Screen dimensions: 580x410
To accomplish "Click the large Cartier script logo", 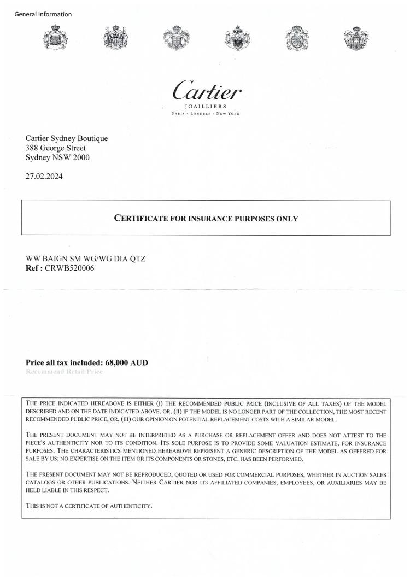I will click(x=207, y=88).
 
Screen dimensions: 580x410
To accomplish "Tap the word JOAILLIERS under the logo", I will click(x=207, y=106).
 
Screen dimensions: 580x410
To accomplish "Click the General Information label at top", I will click(x=43, y=14).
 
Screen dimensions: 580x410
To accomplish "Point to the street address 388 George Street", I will click(x=56, y=148).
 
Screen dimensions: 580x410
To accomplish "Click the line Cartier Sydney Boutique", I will click(x=67, y=138).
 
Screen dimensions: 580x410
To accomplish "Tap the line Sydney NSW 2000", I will click(x=57, y=157).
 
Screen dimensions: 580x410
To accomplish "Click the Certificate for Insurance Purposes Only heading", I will click(x=206, y=219).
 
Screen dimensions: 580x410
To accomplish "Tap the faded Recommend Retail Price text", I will click(x=64, y=372).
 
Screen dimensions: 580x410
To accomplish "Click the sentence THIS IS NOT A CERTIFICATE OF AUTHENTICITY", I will click(x=89, y=506).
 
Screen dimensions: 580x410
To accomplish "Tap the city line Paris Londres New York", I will click(x=207, y=113).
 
